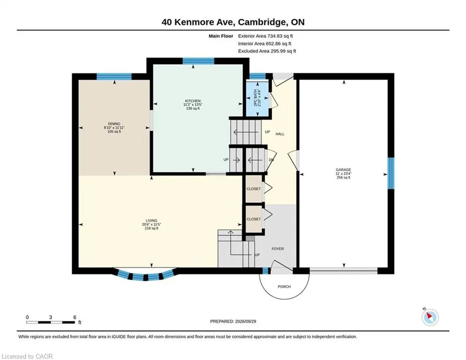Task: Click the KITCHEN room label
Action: pos(193,101)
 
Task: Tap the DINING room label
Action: pos(114,124)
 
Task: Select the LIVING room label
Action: pos(152,221)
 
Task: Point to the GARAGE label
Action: pos(343,170)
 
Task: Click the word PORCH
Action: pos(284,286)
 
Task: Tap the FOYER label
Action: pos(278,249)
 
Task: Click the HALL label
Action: pos(280,134)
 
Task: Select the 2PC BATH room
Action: pos(258,98)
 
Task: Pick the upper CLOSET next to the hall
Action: pos(253,188)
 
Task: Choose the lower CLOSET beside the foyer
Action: pos(253,219)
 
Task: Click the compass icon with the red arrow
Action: pos(430,317)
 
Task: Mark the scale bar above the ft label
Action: pos(51,322)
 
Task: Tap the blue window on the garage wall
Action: pos(391,173)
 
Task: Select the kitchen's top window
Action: pos(198,61)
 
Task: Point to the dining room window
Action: pos(114,76)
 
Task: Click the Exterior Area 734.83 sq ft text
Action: pos(266,36)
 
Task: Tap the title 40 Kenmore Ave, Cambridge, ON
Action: pos(233,22)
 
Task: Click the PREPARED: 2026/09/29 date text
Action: pos(233,321)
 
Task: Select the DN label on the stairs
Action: pos(271,160)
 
